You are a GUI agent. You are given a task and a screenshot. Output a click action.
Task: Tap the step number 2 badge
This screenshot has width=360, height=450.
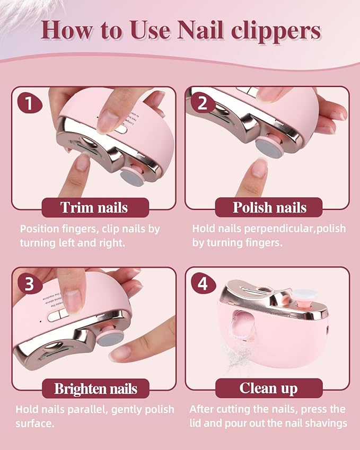202,103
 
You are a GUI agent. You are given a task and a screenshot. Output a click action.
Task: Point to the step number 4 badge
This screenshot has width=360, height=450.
202,284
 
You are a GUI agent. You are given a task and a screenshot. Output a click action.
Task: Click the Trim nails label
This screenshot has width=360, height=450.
95,207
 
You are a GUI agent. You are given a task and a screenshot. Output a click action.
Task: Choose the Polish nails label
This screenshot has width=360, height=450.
269,207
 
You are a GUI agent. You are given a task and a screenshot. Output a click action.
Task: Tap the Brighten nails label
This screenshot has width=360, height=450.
95,389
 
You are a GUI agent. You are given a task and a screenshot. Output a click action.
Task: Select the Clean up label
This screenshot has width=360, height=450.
269,389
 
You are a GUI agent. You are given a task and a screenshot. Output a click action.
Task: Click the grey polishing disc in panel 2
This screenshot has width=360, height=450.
265,147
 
